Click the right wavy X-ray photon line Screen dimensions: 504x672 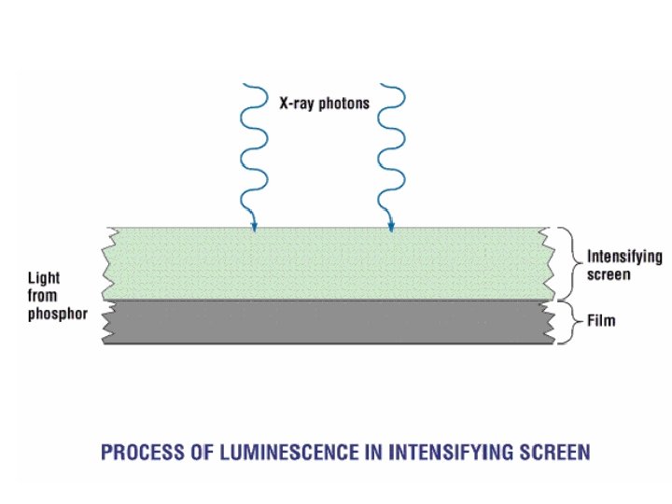[390, 149]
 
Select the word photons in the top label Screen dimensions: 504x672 [346, 104]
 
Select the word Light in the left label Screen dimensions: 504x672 [45, 279]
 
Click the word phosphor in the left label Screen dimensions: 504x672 [58, 314]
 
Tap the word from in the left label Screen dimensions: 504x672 [42, 296]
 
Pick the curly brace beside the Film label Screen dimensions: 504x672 [566, 322]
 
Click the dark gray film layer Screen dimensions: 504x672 [327, 322]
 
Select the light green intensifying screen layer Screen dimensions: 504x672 [327, 263]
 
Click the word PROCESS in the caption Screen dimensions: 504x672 [141, 453]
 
